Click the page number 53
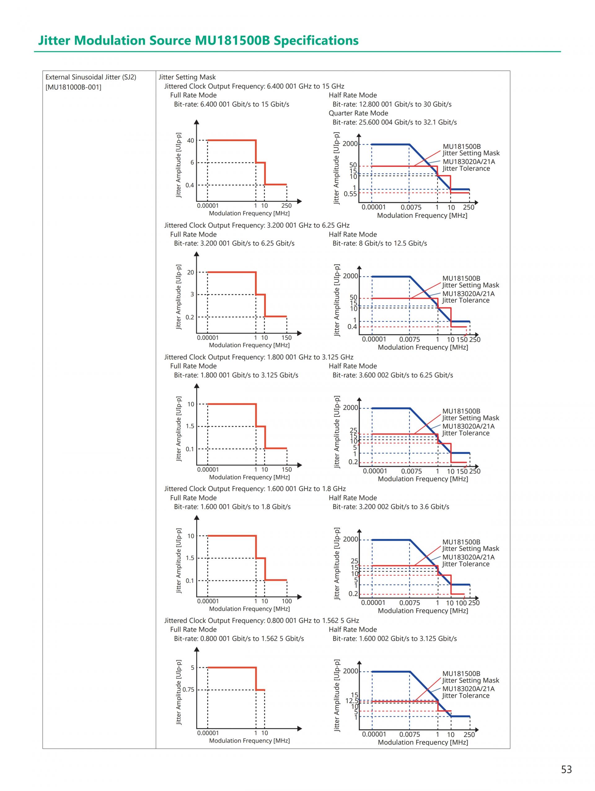(566, 769)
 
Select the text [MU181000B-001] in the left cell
(73, 87)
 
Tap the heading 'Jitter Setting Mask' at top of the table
(187, 77)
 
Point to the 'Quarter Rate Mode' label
(358, 113)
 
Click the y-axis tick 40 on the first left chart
(191, 141)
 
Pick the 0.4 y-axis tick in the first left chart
(190, 185)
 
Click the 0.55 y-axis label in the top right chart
(350, 194)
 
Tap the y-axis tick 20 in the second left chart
(191, 272)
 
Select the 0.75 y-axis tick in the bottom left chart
(188, 690)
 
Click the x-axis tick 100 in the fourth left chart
(286, 601)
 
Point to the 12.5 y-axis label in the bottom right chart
(351, 701)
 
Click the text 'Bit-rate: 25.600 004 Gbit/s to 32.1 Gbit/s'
(394, 122)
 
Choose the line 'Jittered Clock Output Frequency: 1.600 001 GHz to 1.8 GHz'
(255, 489)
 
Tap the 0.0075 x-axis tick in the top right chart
(411, 208)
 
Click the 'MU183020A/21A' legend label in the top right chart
(469, 161)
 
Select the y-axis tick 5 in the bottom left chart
(192, 668)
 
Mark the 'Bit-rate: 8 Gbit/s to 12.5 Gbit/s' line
(379, 243)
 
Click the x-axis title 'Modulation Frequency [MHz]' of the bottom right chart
(422, 742)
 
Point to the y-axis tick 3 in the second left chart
(192, 294)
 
